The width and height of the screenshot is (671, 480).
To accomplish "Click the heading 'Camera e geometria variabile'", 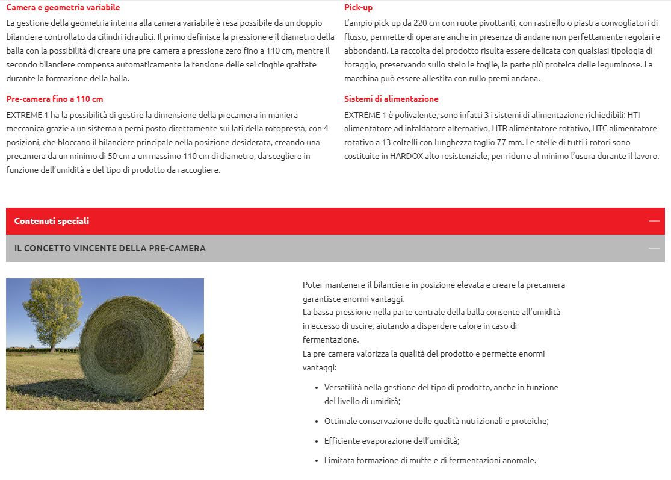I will click(63, 7).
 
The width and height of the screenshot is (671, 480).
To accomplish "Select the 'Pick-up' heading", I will click(358, 7).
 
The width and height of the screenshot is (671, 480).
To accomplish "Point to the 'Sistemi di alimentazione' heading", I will click(391, 99).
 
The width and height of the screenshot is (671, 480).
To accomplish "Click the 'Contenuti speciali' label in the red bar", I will click(52, 221).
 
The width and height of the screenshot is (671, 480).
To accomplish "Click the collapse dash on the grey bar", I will click(654, 248).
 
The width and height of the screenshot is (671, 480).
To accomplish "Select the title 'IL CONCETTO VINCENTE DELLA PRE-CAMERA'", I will click(110, 248).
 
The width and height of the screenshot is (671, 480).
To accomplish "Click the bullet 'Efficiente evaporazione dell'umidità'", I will click(391, 441).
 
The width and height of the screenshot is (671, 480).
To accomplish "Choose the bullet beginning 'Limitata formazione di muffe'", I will click(430, 460).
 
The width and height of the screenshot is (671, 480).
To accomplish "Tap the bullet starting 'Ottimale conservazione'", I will click(436, 422).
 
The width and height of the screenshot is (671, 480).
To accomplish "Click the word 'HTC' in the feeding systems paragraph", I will click(600, 128).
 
